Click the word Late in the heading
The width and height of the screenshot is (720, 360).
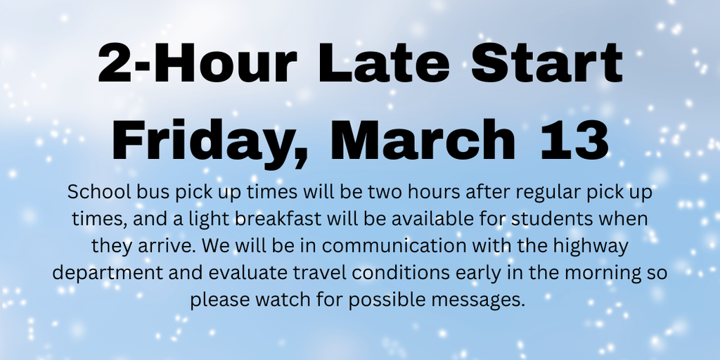pos(384,63)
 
